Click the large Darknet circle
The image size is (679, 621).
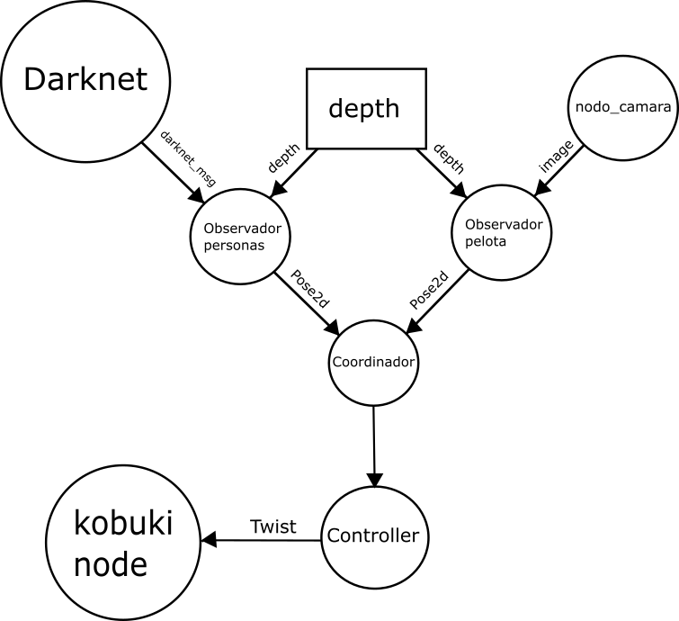point(85,80)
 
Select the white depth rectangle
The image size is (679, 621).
point(366,109)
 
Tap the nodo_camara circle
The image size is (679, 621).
point(622,107)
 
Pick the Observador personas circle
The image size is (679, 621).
point(240,236)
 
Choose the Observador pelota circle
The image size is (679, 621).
point(501,232)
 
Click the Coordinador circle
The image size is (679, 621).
point(373,363)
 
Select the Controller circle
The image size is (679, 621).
point(373,536)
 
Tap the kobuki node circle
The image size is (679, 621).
point(122,543)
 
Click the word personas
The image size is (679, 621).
point(234,246)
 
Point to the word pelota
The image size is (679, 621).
point(486,242)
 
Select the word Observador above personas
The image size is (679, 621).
point(242,229)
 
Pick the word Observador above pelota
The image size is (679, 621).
point(504,224)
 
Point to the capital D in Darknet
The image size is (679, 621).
point(34,80)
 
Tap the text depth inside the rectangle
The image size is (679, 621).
point(363,109)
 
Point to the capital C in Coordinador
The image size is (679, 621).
point(337,363)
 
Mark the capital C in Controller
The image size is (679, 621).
point(334,536)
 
